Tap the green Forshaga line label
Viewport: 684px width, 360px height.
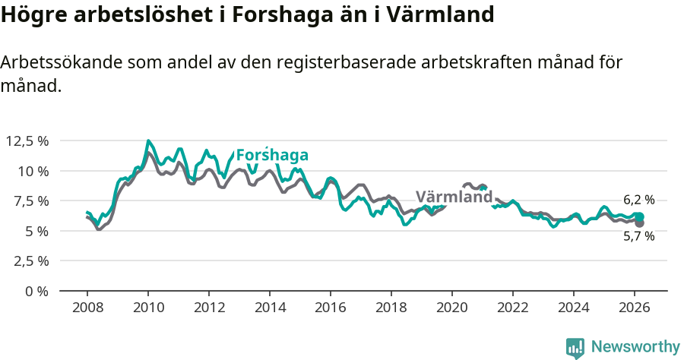click(x=272, y=156)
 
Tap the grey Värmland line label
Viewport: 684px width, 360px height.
click(x=454, y=197)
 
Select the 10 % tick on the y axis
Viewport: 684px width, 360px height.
click(x=33, y=171)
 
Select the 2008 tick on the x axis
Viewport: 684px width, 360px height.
click(x=87, y=308)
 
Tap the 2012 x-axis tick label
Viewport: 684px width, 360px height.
click(x=209, y=308)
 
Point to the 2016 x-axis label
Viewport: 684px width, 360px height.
click(x=331, y=308)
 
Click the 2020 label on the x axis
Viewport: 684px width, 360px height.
click(x=452, y=308)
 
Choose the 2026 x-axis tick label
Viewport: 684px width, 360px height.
click(x=635, y=308)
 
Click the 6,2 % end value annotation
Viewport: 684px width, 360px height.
click(x=638, y=201)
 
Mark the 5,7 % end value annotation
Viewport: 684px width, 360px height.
click(x=638, y=236)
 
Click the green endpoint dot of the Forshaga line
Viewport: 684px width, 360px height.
click(x=639, y=217)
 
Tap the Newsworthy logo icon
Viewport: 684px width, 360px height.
click(x=575, y=347)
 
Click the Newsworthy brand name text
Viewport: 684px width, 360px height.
click(x=635, y=347)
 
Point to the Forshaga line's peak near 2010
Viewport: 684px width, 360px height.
click(x=148, y=141)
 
